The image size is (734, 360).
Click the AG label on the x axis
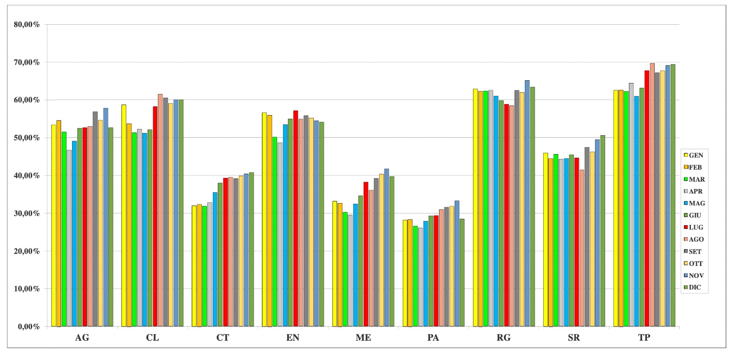[x=82, y=338]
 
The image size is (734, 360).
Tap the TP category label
[x=644, y=338]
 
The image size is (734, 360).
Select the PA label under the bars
[x=433, y=338]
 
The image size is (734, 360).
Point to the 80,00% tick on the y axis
[x=27, y=25]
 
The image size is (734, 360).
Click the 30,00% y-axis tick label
[x=27, y=214]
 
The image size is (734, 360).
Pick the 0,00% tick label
[x=28, y=327]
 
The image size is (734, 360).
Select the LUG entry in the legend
[x=693, y=227]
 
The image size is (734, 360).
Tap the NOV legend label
[x=693, y=276]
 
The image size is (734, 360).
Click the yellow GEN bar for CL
[x=124, y=216]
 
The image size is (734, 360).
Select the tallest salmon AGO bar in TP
[x=652, y=195]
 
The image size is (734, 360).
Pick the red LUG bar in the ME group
[x=366, y=254]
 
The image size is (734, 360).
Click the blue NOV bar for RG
[x=527, y=204]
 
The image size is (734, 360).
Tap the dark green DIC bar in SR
[x=603, y=231]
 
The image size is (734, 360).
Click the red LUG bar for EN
[x=295, y=218]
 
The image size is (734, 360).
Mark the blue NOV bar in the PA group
[x=457, y=264]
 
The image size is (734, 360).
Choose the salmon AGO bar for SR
[x=582, y=248]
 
